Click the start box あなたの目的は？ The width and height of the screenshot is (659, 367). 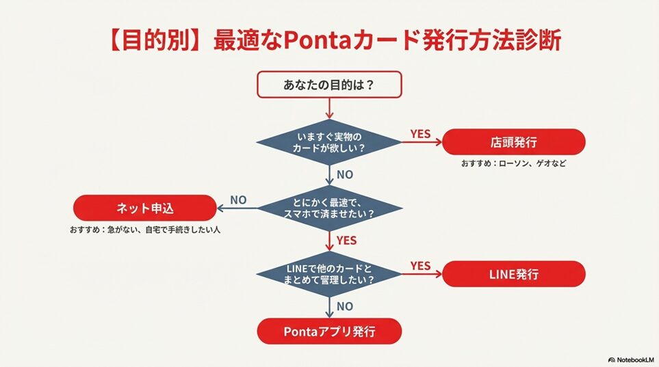click(x=328, y=85)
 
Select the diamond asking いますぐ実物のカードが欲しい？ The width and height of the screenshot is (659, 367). click(x=328, y=141)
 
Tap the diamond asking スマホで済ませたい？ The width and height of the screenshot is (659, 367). click(x=328, y=207)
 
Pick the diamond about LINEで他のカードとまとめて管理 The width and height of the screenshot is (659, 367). click(x=328, y=273)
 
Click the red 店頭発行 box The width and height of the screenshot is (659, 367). click(x=513, y=142)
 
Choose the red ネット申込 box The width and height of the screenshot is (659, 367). click(x=144, y=207)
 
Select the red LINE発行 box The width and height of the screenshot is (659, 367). click(x=513, y=274)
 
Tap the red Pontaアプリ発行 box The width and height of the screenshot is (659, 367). click(x=328, y=331)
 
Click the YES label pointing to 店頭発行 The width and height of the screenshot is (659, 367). click(x=420, y=134)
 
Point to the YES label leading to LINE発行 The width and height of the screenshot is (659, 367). click(x=420, y=265)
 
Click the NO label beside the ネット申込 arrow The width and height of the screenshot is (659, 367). click(x=238, y=200)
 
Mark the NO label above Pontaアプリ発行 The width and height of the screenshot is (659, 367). click(x=345, y=307)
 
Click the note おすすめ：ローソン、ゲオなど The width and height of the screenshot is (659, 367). click(x=513, y=164)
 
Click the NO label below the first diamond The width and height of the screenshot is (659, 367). click(x=345, y=174)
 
